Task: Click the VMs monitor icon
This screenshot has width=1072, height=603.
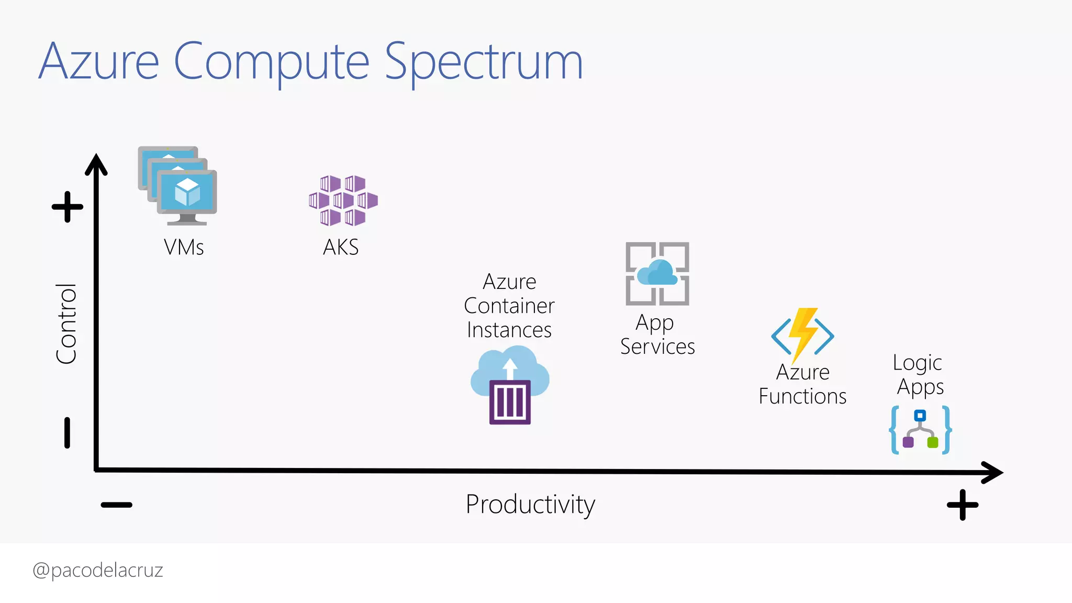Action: [x=178, y=186]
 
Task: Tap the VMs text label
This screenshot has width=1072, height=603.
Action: [x=184, y=247]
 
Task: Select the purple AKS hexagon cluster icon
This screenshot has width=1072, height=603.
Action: [x=343, y=200]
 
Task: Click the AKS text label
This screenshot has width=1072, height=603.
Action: [x=341, y=247]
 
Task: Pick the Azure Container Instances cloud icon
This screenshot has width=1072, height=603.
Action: [x=510, y=386]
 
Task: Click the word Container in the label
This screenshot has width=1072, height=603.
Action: [x=509, y=306]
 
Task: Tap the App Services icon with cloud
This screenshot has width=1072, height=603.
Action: [x=657, y=273]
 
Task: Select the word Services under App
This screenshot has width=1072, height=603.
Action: [x=657, y=347]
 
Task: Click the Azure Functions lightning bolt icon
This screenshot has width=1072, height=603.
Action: [x=802, y=335]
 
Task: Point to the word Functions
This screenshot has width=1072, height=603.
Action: [x=802, y=396]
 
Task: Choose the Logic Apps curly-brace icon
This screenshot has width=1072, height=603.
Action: [x=921, y=430]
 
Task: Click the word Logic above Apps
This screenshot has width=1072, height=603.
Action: [x=917, y=363]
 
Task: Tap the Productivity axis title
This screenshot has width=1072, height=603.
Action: [x=530, y=505]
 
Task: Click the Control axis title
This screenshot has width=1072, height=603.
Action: [x=66, y=323]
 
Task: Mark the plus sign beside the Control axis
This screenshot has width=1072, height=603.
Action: [x=68, y=207]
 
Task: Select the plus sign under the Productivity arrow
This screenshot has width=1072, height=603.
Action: [x=963, y=505]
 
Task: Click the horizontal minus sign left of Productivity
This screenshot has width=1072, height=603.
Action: [x=117, y=505]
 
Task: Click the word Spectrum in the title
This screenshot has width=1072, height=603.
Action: [x=484, y=62]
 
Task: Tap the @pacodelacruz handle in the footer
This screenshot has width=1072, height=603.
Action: [x=98, y=570]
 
